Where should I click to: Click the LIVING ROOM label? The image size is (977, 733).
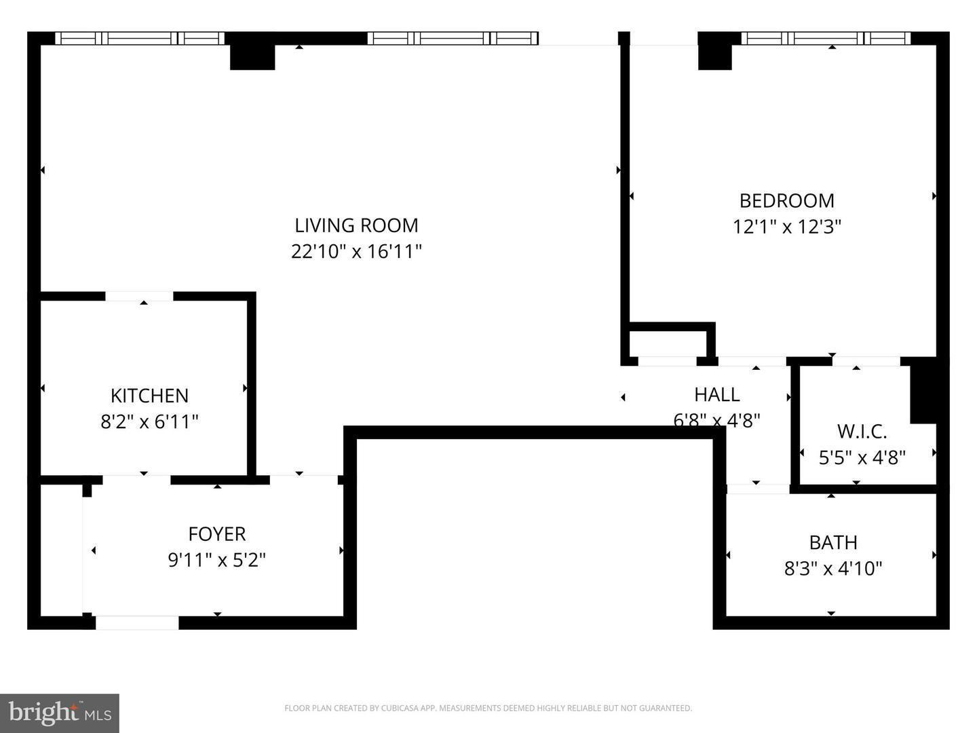pyautogui.click(x=356, y=225)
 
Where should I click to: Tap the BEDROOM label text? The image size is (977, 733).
pyautogui.click(x=786, y=201)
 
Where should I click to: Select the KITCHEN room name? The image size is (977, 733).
pyautogui.click(x=149, y=396)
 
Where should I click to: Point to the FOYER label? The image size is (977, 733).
pyautogui.click(x=216, y=534)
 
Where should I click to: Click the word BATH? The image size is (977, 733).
pyautogui.click(x=832, y=542)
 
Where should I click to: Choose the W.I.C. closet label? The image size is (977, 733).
pyautogui.click(x=862, y=431)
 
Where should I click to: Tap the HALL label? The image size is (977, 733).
pyautogui.click(x=716, y=394)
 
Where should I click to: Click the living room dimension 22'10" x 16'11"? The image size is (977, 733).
pyautogui.click(x=356, y=251)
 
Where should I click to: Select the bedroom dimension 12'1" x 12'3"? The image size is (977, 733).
pyautogui.click(x=786, y=227)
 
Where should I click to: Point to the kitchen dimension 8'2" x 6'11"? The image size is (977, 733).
pyautogui.click(x=149, y=421)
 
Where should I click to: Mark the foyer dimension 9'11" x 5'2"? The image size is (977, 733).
pyautogui.click(x=216, y=560)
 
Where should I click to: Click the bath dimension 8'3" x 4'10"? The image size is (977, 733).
pyautogui.click(x=832, y=568)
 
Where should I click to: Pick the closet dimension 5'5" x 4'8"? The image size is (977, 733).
pyautogui.click(x=862, y=457)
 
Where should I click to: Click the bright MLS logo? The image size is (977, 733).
pyautogui.click(x=59, y=713)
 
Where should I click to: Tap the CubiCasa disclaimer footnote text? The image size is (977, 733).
pyautogui.click(x=488, y=708)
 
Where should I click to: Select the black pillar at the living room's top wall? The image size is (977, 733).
pyautogui.click(x=252, y=56)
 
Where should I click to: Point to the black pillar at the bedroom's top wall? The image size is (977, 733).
pyautogui.click(x=715, y=56)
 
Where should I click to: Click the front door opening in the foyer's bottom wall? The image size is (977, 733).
pyautogui.click(x=137, y=622)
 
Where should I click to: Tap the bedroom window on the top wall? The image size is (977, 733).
pyautogui.click(x=826, y=38)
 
